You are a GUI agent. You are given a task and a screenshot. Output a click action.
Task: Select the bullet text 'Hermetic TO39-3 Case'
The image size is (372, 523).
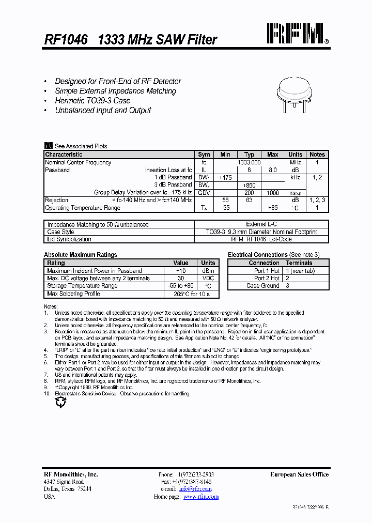pyautogui.click(x=92, y=101)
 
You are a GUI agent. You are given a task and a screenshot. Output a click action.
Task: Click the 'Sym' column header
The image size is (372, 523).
pyautogui.click(x=204, y=155)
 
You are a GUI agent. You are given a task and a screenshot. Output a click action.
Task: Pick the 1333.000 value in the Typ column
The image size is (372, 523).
pyautogui.click(x=249, y=162)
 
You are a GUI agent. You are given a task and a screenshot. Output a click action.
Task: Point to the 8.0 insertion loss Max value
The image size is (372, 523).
pyautogui.click(x=272, y=170)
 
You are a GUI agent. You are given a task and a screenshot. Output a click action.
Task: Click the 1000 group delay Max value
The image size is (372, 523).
pyautogui.click(x=272, y=192)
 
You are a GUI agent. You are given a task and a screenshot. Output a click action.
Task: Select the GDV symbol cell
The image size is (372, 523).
pyautogui.click(x=204, y=192)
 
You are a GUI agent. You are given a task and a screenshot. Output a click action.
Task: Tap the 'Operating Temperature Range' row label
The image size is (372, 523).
pyautogui.click(x=83, y=208)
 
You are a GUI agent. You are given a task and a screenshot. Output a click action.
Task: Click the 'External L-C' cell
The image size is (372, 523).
pyautogui.click(x=262, y=225)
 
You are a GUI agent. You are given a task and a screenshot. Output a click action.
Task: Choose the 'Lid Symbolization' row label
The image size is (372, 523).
pyautogui.click(x=69, y=239)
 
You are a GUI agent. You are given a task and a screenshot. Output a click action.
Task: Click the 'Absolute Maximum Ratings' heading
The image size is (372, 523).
pyautogui.click(x=81, y=255)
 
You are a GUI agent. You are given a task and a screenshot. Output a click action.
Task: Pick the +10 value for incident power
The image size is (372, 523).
pyautogui.click(x=180, y=271)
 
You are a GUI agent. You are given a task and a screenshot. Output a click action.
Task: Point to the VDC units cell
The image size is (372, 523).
pyautogui.click(x=208, y=279)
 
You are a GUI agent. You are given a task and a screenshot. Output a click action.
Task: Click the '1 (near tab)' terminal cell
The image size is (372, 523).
pyautogui.click(x=300, y=271)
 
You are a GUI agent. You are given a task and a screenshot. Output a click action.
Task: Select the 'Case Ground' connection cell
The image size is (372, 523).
pyautogui.click(x=262, y=286)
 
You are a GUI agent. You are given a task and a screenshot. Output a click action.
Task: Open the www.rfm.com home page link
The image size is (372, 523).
pyautogui.click(x=201, y=497)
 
